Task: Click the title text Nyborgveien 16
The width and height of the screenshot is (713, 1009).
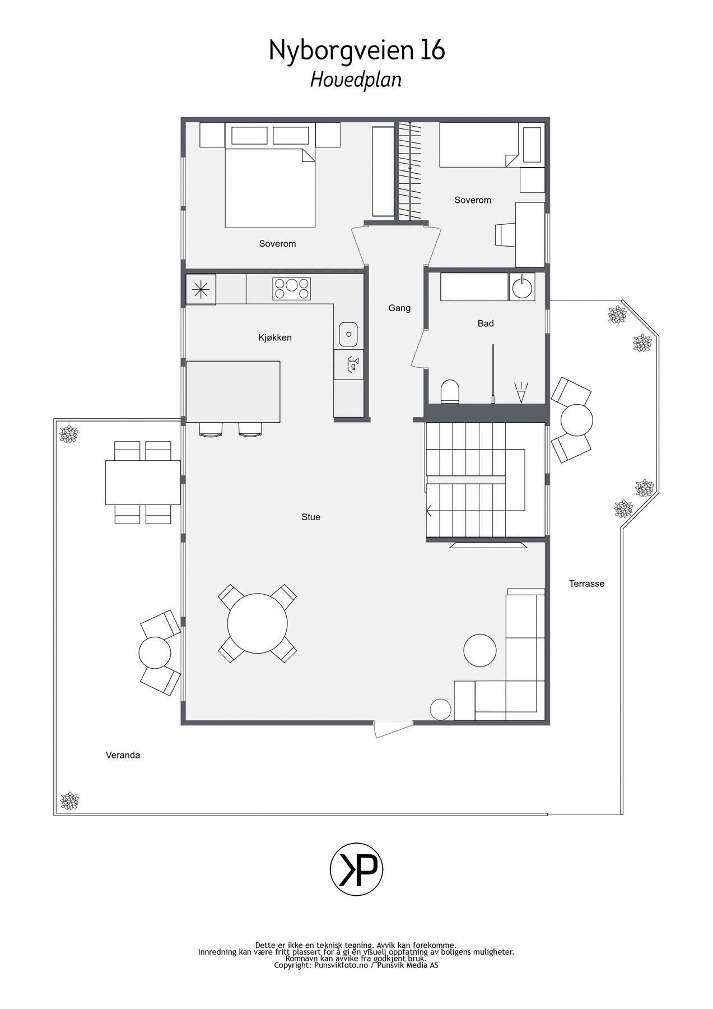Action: [357, 51]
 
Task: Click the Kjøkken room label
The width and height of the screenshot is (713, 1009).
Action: [274, 337]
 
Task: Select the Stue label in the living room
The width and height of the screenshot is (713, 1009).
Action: [311, 517]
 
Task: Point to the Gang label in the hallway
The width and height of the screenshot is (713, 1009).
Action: [399, 308]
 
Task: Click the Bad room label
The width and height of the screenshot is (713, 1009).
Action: [486, 323]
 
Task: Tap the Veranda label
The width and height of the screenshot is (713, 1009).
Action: [123, 755]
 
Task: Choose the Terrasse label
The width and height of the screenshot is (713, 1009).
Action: [586, 584]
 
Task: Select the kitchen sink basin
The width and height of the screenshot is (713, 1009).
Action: [348, 335]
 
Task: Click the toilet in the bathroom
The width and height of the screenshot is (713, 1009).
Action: [450, 391]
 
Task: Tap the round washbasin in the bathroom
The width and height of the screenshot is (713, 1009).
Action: [522, 287]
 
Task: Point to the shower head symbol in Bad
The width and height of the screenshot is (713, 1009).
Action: [521, 392]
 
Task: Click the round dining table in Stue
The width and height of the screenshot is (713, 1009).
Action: [258, 623]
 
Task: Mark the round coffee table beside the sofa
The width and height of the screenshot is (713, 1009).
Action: [480, 650]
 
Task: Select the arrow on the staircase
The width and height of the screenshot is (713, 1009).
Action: [430, 511]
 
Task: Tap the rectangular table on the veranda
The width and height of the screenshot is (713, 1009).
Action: [143, 483]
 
